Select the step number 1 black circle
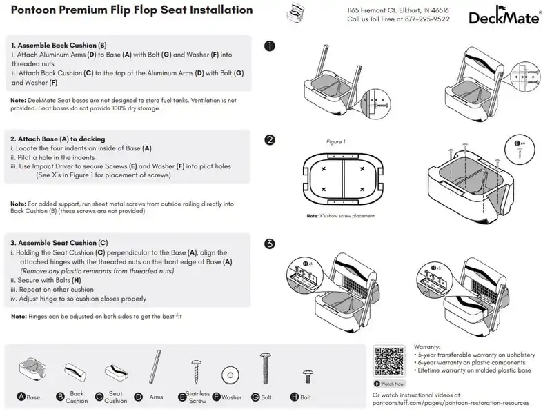coord(270,46)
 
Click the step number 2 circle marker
coord(270,140)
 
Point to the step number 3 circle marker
coord(270,244)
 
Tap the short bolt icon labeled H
coord(307,377)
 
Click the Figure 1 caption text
coord(335,142)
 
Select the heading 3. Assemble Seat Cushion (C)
coord(59,243)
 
